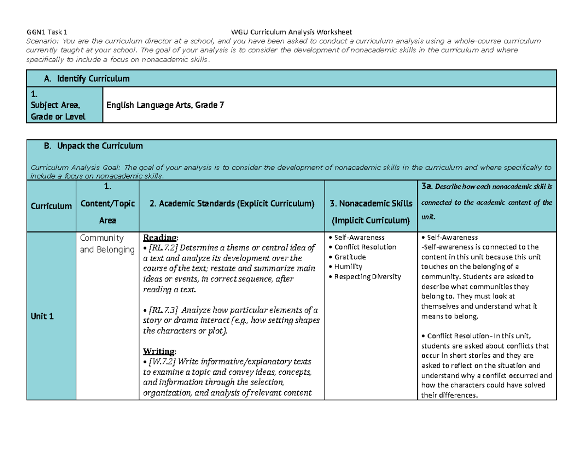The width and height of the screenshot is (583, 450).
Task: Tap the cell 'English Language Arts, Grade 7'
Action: pos(166,104)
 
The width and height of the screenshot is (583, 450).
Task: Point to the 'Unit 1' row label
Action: pos(44,316)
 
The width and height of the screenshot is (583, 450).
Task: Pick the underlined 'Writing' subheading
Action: pos(159,351)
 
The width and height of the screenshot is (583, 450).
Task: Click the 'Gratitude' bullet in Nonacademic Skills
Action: pos(349,257)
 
